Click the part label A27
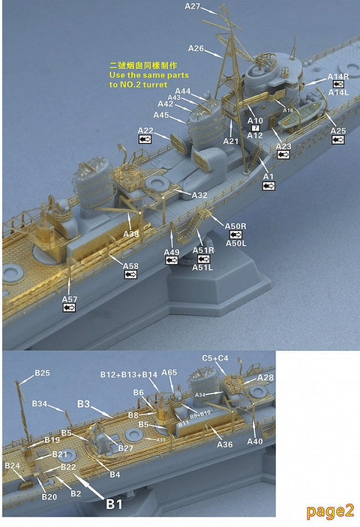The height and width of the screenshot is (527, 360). click(x=193, y=7)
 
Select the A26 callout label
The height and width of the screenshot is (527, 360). click(x=196, y=48)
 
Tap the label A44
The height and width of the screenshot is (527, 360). click(x=182, y=91)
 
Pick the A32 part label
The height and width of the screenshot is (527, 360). click(x=199, y=195)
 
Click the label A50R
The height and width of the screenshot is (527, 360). click(x=235, y=226)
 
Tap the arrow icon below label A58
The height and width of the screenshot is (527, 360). click(x=130, y=274)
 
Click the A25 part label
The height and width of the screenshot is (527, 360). click(x=338, y=131)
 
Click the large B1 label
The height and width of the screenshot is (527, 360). click(x=113, y=505)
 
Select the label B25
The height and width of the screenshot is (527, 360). click(x=42, y=373)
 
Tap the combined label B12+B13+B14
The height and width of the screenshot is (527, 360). click(x=129, y=374)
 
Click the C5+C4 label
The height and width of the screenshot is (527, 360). click(x=215, y=358)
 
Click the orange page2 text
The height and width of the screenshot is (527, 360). click(x=329, y=511)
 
